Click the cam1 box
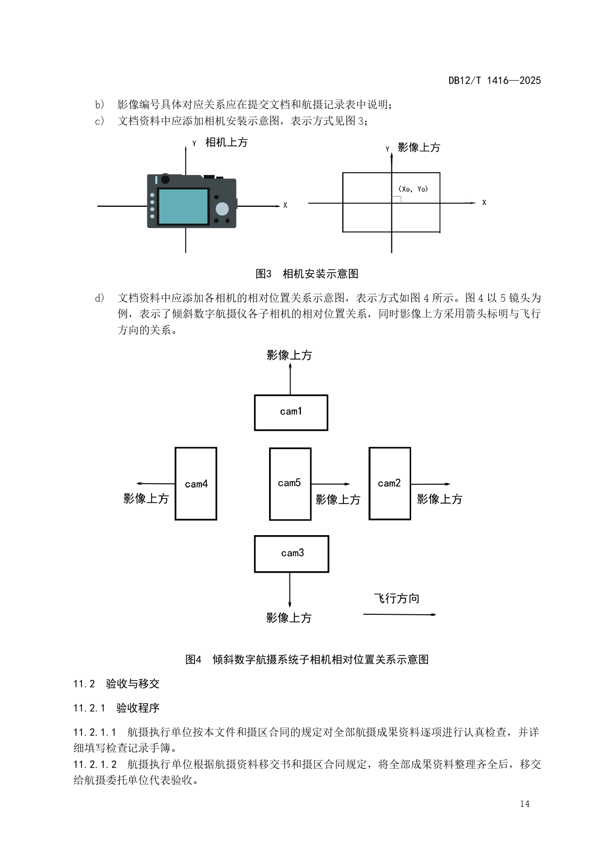(291, 412)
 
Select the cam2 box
(389, 483)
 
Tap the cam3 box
(291, 553)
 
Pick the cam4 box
(196, 484)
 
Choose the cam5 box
(290, 484)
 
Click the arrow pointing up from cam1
(290, 379)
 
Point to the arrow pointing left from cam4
(155, 484)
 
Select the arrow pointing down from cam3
(289, 590)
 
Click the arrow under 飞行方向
(400, 614)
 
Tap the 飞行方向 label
(397, 598)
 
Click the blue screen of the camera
(183, 207)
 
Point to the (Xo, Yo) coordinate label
(413, 189)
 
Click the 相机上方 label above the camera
(226, 142)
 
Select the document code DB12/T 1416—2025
(494, 81)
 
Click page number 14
(524, 804)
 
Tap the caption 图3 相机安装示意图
(307, 274)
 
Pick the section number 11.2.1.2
(95, 764)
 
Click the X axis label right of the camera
(285, 205)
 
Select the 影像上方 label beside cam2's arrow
(439, 499)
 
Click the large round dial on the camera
(222, 209)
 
